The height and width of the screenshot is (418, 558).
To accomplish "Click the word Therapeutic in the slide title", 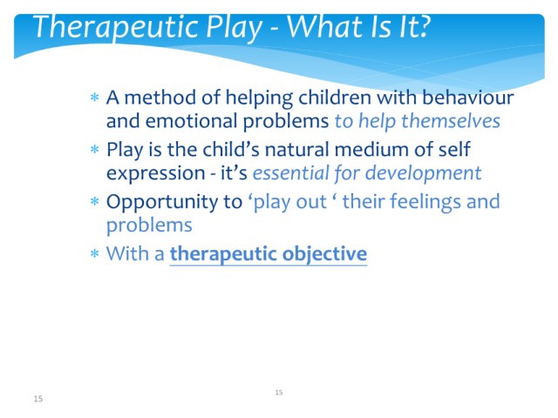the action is (116, 28).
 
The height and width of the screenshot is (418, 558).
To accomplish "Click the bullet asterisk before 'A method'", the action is (95, 97).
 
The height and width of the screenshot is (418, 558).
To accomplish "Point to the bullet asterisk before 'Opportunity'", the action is (95, 201).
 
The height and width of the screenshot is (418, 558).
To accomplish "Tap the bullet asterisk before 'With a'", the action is (95, 253).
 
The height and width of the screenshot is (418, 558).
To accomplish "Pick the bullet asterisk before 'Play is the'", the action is (95, 149).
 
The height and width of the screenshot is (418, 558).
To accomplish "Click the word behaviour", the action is (468, 98).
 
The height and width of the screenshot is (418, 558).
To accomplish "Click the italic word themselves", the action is (451, 121).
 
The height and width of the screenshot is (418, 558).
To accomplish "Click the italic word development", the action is (424, 174).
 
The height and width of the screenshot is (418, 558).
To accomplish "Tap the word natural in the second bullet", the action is (297, 149).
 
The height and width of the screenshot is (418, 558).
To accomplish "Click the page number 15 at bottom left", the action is (38, 399).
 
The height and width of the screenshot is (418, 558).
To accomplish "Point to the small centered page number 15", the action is (279, 393).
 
